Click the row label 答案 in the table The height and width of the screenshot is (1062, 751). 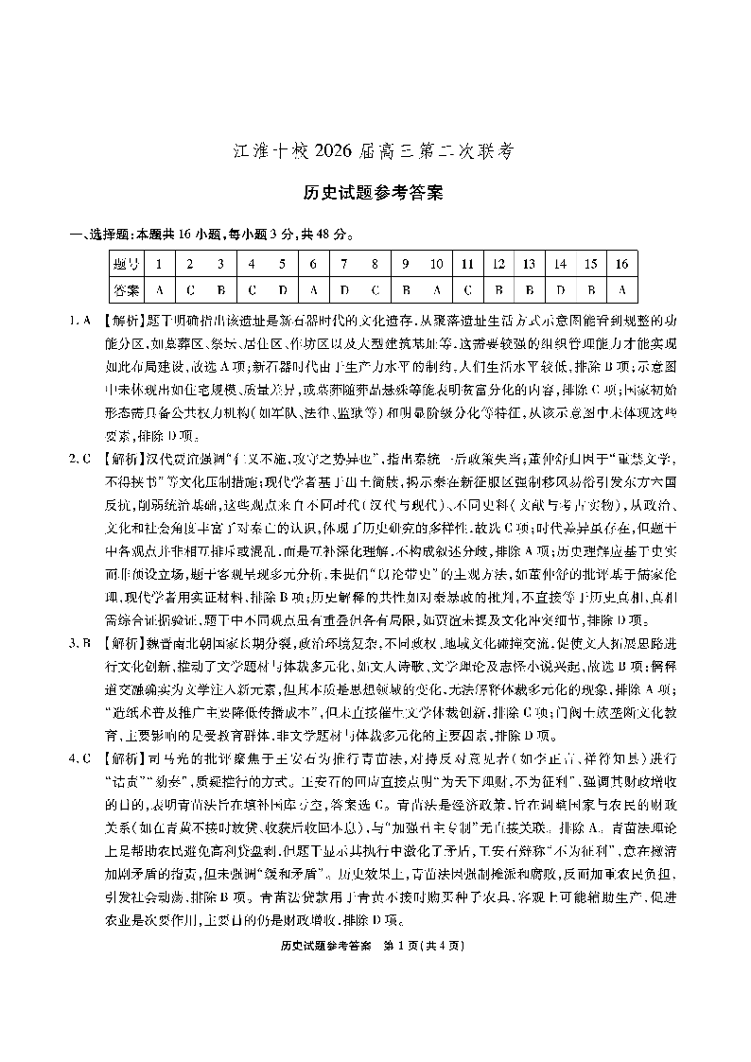(x=127, y=290)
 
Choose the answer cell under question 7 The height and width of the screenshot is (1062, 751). (x=344, y=290)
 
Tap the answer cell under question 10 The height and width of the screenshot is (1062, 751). (x=436, y=290)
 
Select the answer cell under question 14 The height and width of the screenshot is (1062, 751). (x=560, y=290)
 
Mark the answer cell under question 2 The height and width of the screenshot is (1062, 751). (x=190, y=290)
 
